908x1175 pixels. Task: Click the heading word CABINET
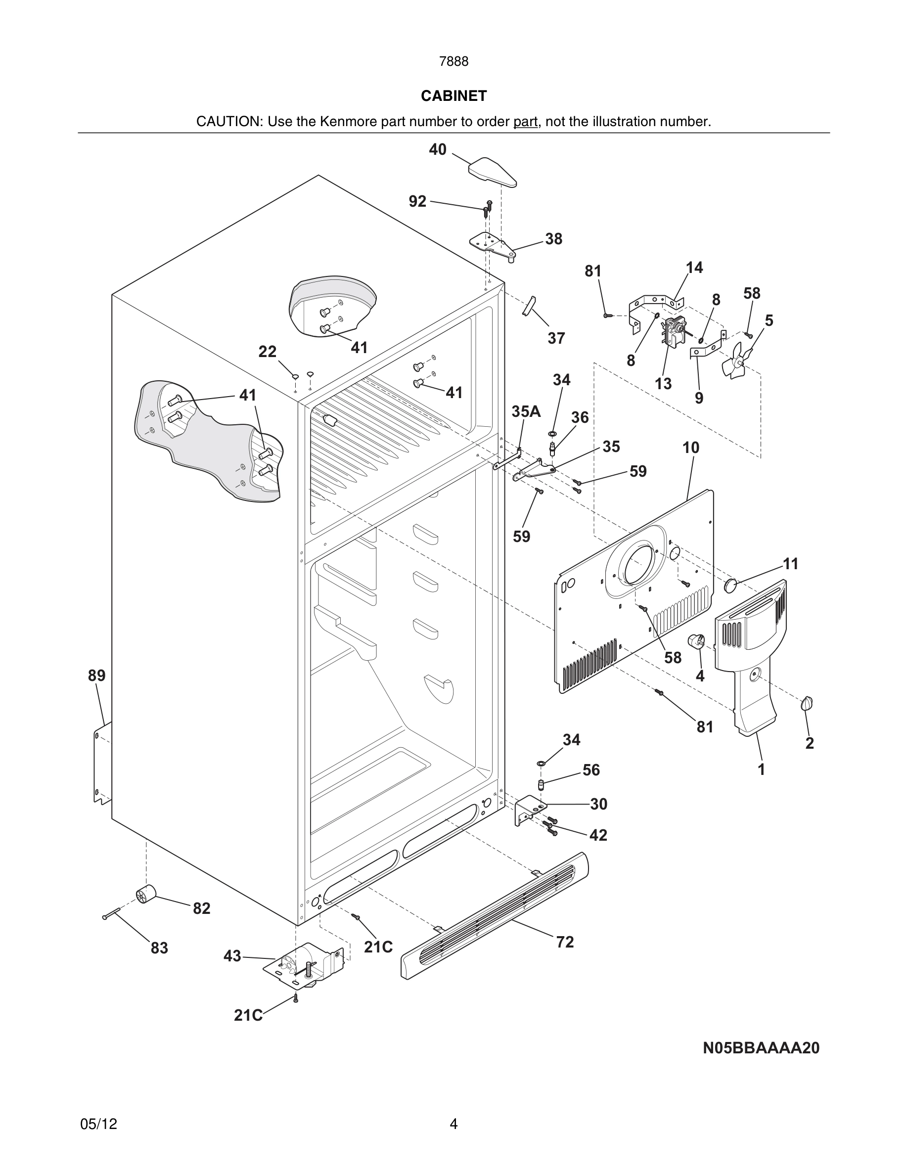(x=454, y=96)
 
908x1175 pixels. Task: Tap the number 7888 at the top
(x=454, y=62)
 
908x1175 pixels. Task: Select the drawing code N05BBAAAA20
(x=761, y=1047)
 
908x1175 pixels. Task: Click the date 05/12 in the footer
(x=98, y=1124)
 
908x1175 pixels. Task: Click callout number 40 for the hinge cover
(x=437, y=149)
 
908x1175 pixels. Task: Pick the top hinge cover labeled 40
(x=492, y=171)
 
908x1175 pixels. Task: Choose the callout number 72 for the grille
(x=565, y=942)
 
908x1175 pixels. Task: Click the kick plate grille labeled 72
(x=495, y=914)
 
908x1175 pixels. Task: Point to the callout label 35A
(x=526, y=411)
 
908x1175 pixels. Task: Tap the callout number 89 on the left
(x=97, y=675)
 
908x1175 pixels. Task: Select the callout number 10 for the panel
(x=691, y=448)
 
